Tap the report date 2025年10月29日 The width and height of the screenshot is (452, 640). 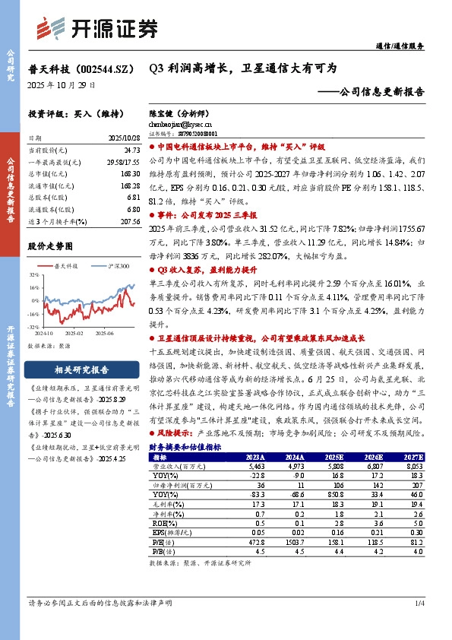tap(57, 86)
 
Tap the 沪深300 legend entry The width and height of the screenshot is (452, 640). tap(115, 266)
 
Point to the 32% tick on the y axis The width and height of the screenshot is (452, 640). tap(34, 275)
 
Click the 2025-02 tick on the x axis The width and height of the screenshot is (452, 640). tap(74, 331)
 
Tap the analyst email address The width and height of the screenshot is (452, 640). tap(180, 122)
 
